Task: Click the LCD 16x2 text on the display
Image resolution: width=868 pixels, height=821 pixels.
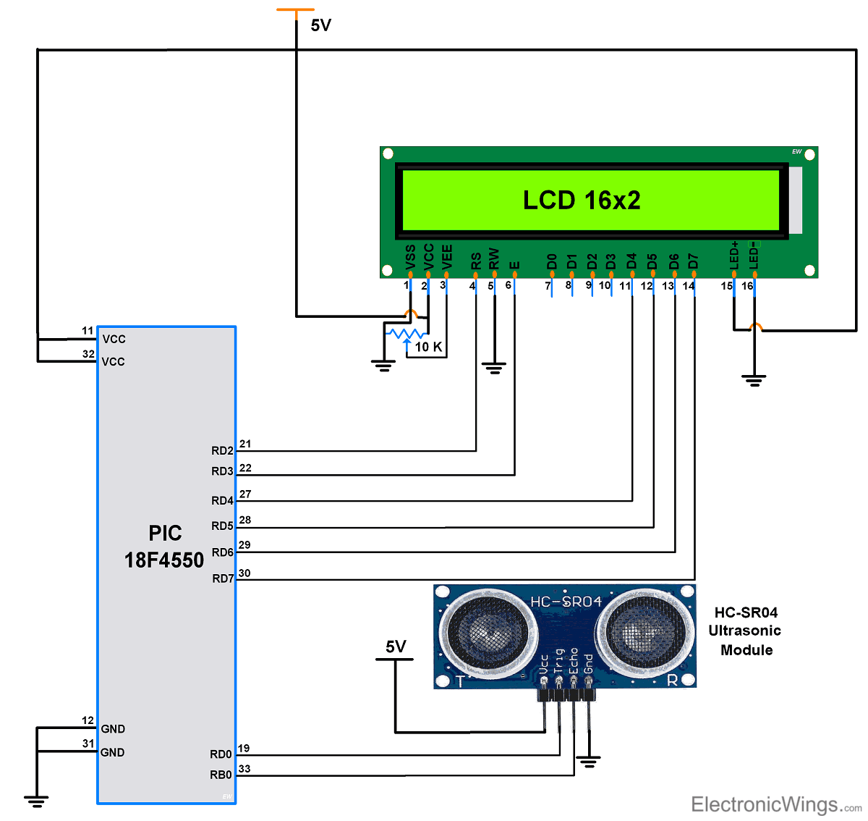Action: click(x=582, y=201)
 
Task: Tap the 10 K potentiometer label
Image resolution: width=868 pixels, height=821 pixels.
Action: click(x=428, y=347)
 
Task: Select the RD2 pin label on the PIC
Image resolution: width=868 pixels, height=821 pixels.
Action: click(x=222, y=450)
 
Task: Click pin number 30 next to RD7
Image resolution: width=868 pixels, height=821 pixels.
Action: click(x=244, y=573)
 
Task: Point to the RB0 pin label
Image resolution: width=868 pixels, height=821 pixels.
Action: click(x=221, y=775)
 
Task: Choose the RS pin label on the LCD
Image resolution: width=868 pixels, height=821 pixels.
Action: click(x=475, y=261)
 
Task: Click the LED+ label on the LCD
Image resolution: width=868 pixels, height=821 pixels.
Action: click(x=734, y=256)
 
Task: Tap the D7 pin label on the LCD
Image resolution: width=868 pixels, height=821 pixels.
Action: click(x=693, y=261)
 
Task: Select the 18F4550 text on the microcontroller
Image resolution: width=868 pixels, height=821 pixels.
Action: click(x=164, y=560)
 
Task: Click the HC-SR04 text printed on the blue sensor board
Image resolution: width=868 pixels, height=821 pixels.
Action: click(x=566, y=602)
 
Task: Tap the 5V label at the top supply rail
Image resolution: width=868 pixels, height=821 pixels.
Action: click(x=320, y=25)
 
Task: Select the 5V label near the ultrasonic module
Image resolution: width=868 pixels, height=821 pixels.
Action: click(x=396, y=647)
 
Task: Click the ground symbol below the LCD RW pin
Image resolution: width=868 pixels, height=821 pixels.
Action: click(x=494, y=369)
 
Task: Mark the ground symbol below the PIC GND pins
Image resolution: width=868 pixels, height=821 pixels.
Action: click(x=35, y=800)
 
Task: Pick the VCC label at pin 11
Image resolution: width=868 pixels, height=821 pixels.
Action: click(x=114, y=339)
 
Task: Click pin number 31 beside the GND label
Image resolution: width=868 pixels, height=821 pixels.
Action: click(x=88, y=743)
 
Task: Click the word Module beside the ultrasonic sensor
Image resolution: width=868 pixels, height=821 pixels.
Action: click(x=746, y=650)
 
